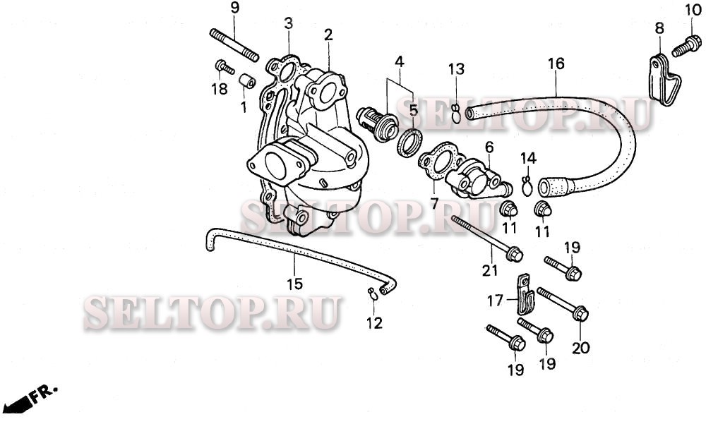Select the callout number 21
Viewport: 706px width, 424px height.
tap(490, 270)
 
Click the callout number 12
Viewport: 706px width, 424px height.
tap(373, 323)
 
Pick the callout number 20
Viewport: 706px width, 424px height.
tap(580, 348)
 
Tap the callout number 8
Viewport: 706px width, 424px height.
tap(659, 29)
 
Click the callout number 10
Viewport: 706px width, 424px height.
tap(692, 9)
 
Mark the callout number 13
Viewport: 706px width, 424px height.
tap(456, 68)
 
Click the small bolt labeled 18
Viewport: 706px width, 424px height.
tap(225, 68)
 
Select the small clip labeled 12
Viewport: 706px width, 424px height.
tap(372, 295)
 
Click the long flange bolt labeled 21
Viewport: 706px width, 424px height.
tap(486, 237)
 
